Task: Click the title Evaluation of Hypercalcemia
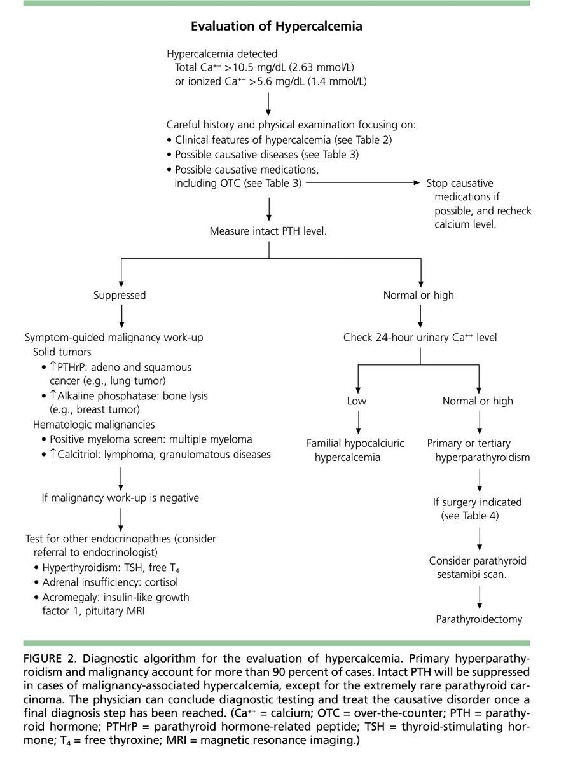pyautogui.click(x=276, y=26)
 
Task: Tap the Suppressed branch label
pyautogui.click(x=120, y=295)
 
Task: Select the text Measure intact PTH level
pyautogui.click(x=268, y=231)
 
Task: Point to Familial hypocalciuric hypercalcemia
pyautogui.click(x=355, y=450)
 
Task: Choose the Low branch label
pyautogui.click(x=357, y=401)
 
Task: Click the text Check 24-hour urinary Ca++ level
pyautogui.click(x=420, y=337)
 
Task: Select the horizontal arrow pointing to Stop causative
pyautogui.click(x=362, y=183)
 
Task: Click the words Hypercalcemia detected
pyautogui.click(x=222, y=54)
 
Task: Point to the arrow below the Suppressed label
pyautogui.click(x=120, y=315)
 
